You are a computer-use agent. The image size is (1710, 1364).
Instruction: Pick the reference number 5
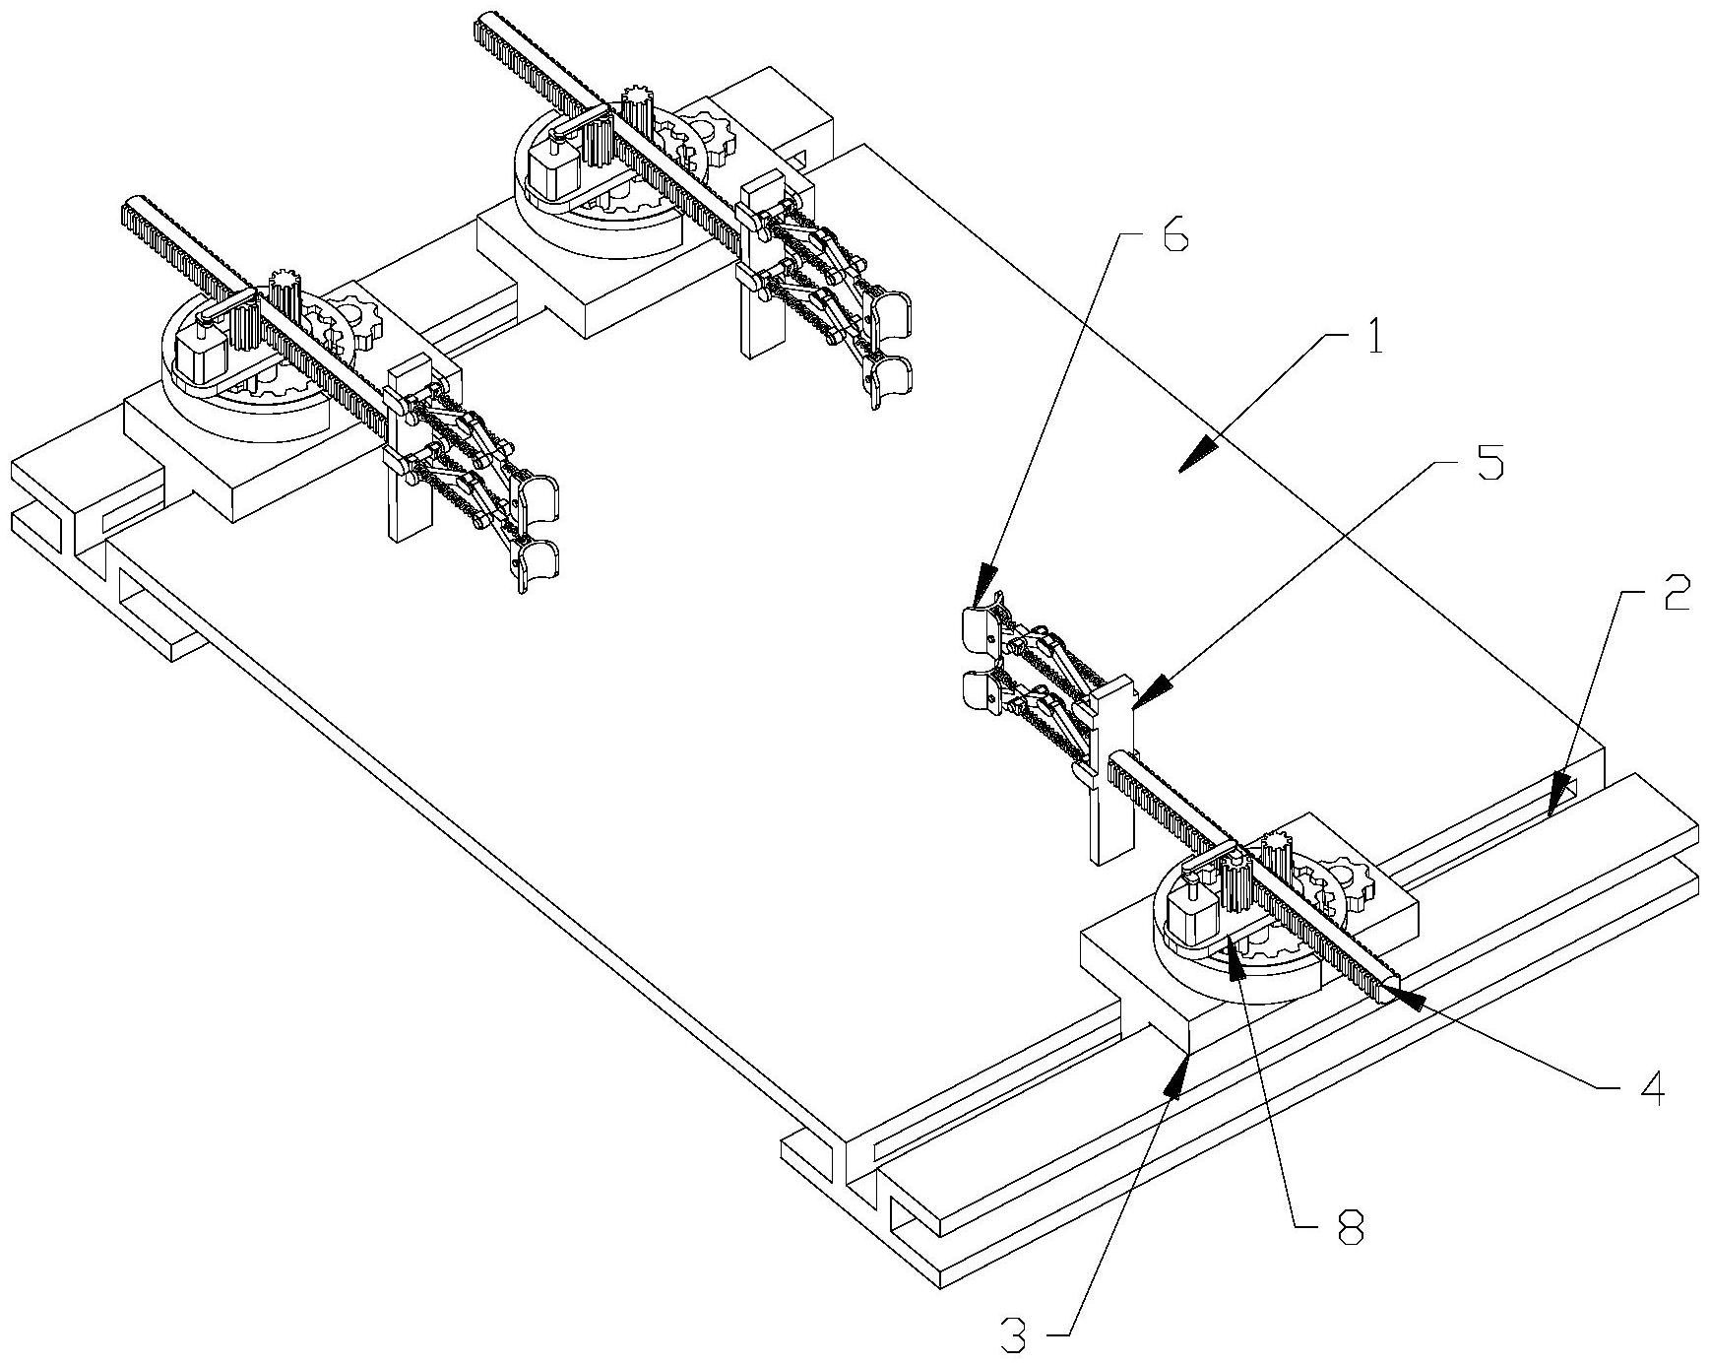tap(1490, 464)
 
